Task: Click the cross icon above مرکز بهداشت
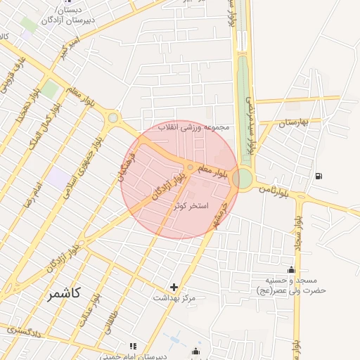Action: [x=174, y=287]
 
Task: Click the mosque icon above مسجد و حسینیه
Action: [x=291, y=269]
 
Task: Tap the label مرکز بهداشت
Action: [x=174, y=297]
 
